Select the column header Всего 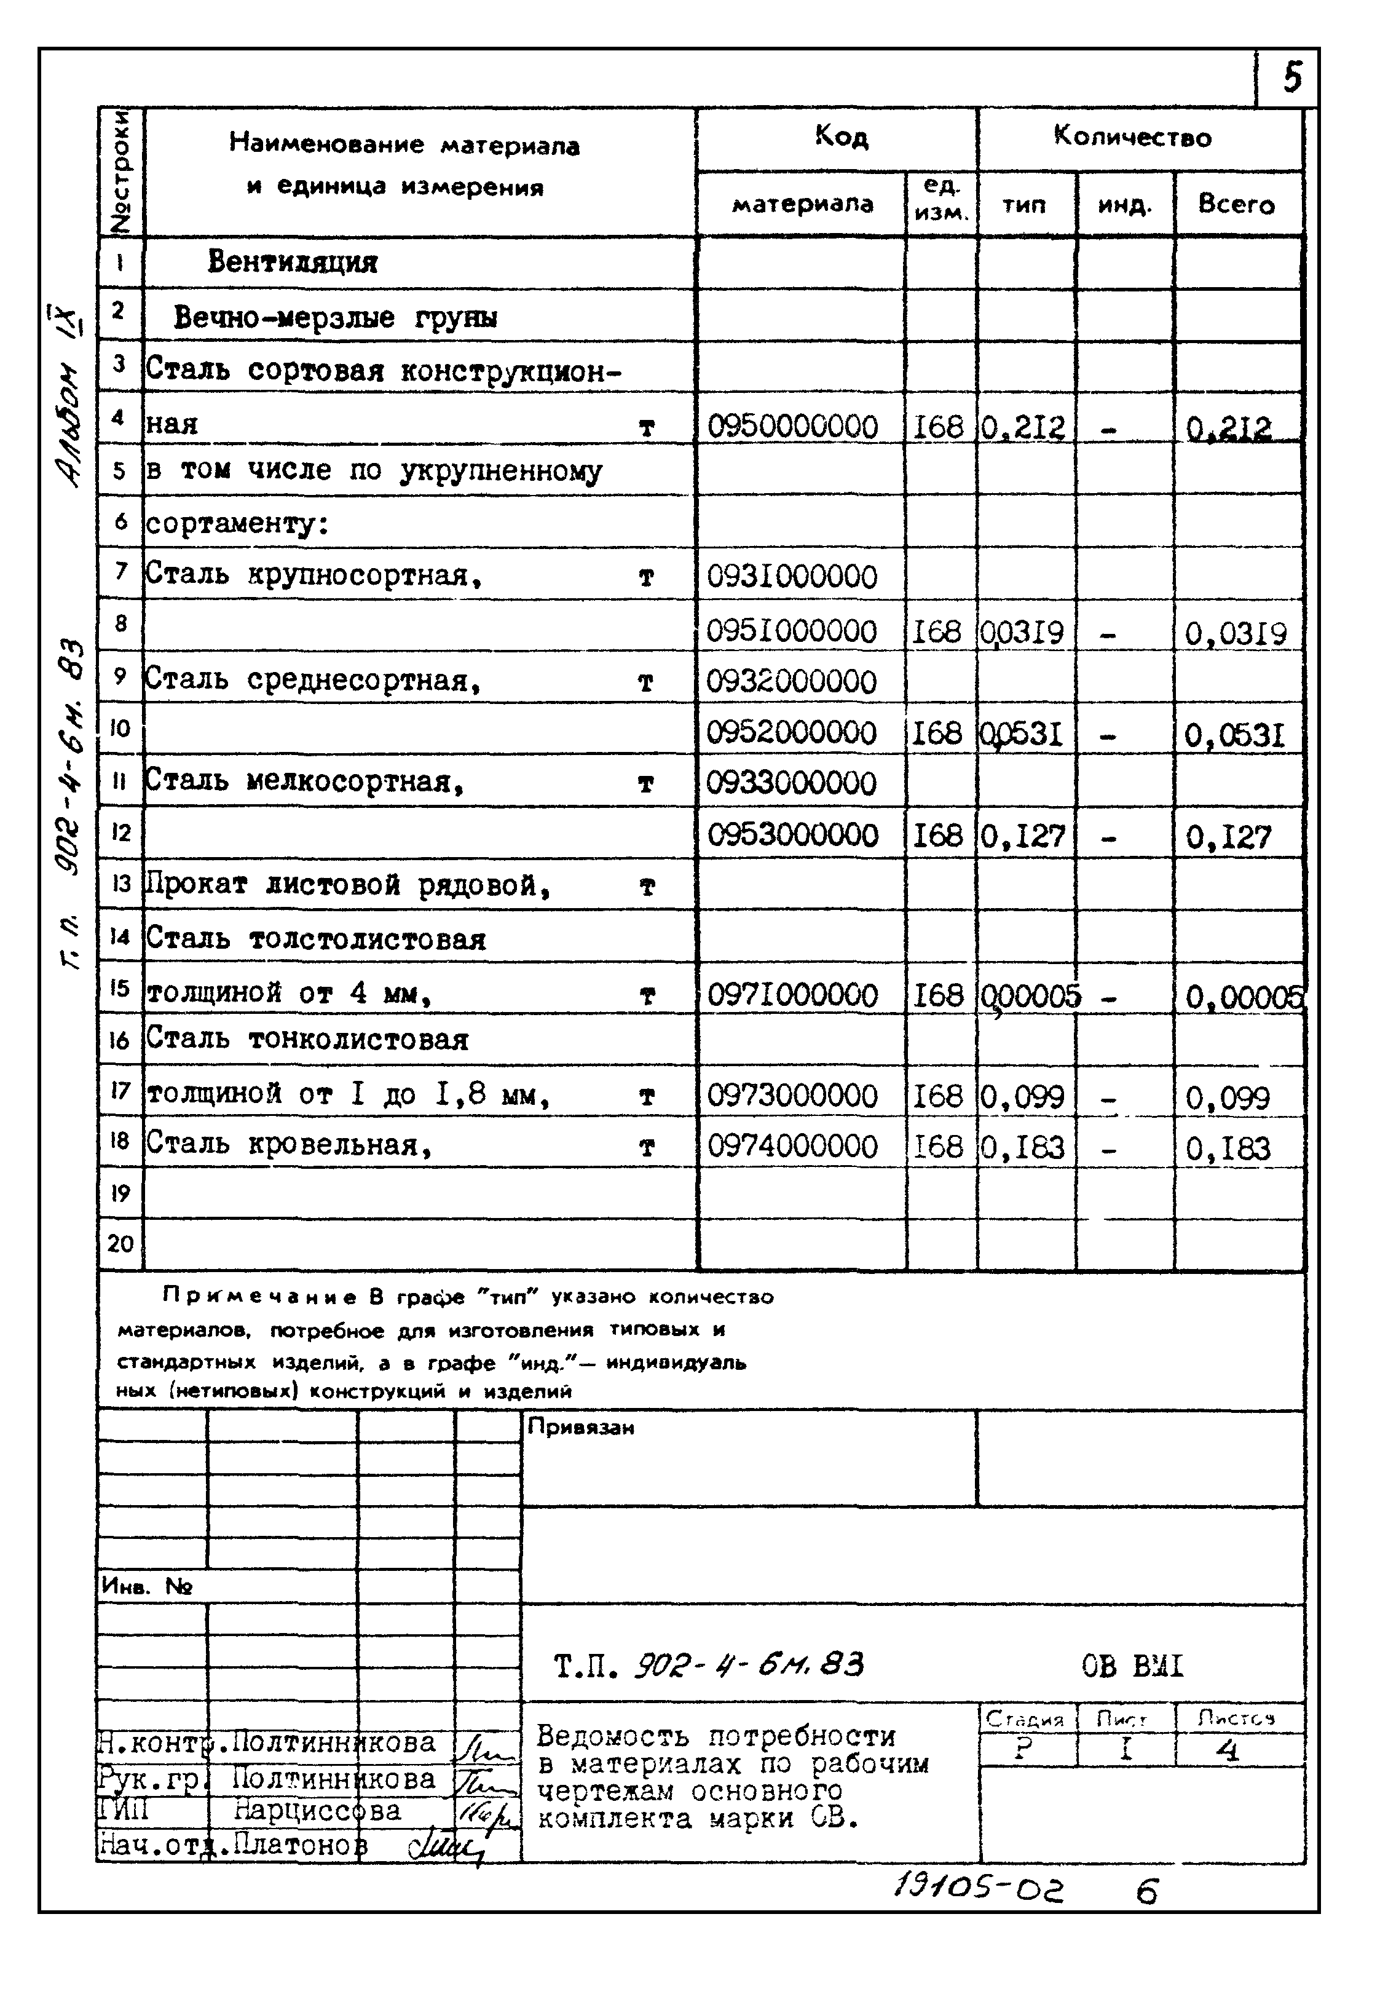pyautogui.click(x=1236, y=204)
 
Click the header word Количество pyautogui.click(x=1132, y=136)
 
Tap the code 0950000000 pyautogui.click(x=792, y=426)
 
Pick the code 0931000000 pyautogui.click(x=791, y=577)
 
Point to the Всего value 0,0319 pyautogui.click(x=1236, y=634)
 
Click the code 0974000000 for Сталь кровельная pyautogui.click(x=792, y=1147)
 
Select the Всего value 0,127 pyautogui.click(x=1228, y=836)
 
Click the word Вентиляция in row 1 pyautogui.click(x=292, y=262)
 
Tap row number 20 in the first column pyautogui.click(x=120, y=1244)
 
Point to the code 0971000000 pyautogui.click(x=792, y=995)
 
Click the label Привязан pyautogui.click(x=581, y=1428)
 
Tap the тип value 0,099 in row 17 pyautogui.click(x=1023, y=1097)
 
